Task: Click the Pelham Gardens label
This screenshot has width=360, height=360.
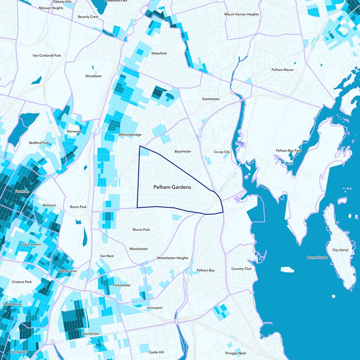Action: pyautogui.click(x=172, y=187)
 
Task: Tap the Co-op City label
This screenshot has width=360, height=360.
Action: pyautogui.click(x=222, y=152)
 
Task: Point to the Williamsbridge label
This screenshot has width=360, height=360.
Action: pyautogui.click(x=130, y=135)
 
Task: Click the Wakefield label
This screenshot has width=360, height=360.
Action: pyautogui.click(x=159, y=54)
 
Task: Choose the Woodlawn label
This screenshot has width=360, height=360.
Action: pyautogui.click(x=94, y=76)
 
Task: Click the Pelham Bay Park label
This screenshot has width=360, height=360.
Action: pyautogui.click(x=288, y=150)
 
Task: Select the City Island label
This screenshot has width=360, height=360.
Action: pyautogui.click(x=340, y=250)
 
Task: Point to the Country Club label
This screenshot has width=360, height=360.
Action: pyautogui.click(x=242, y=269)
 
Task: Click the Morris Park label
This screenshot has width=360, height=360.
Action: pyautogui.click(x=141, y=230)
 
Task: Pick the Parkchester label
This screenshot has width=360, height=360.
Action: pyautogui.click(x=122, y=285)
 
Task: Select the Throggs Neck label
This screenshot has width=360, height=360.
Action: pyautogui.click(x=236, y=353)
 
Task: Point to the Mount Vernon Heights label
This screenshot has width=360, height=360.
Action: pyautogui.click(x=242, y=14)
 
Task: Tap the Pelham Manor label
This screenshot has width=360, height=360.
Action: pyautogui.click(x=282, y=70)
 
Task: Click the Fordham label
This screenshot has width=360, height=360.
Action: pyautogui.click(x=22, y=192)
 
